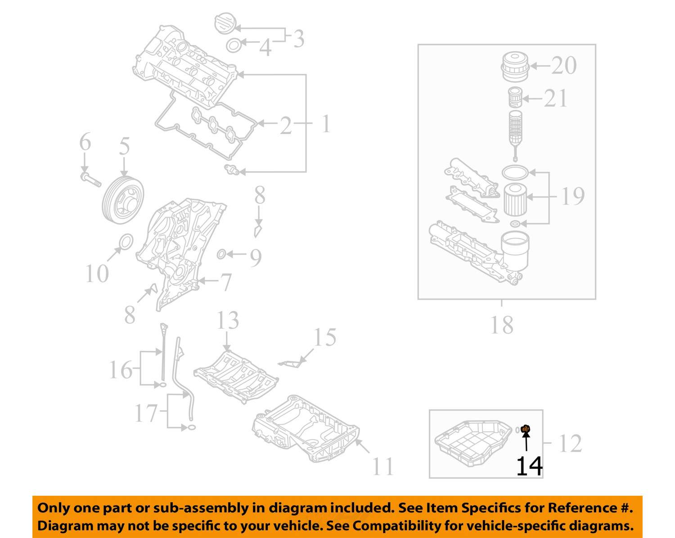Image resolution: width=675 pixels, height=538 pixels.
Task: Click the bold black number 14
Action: [529, 466]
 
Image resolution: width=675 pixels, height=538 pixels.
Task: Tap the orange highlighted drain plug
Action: [525, 430]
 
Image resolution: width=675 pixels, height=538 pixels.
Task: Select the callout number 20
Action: [563, 66]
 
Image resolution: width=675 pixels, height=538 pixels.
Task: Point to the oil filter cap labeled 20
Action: [514, 67]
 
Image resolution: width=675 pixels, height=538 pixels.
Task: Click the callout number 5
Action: [124, 147]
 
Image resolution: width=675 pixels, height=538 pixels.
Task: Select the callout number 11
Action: [383, 466]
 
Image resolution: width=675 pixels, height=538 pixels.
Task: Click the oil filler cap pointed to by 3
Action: [224, 23]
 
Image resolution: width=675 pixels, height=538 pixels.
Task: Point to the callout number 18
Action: [502, 325]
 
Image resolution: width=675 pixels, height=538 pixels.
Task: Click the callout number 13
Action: [228, 320]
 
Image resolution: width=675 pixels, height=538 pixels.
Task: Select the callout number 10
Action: [97, 273]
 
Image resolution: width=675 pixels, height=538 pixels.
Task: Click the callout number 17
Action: [146, 413]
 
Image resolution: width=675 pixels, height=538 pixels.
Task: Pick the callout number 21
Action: [556, 99]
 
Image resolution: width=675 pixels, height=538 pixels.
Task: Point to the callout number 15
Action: [324, 337]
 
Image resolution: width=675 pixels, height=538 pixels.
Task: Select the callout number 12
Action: [570, 444]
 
